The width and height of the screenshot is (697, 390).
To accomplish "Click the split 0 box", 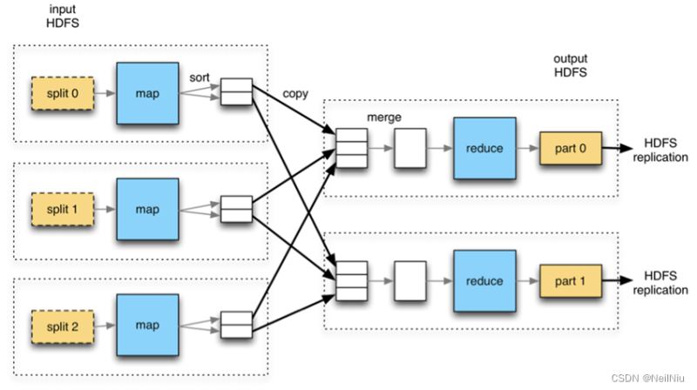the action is pyautogui.click(x=63, y=93).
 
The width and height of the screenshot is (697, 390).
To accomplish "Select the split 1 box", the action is pyautogui.click(x=63, y=209).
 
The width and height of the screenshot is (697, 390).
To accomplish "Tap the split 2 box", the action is pyautogui.click(x=63, y=327).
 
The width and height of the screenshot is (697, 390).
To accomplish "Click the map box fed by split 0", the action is pyautogui.click(x=147, y=93).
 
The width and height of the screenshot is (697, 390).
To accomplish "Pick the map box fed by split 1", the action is pyautogui.click(x=147, y=209).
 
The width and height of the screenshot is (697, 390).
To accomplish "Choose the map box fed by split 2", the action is pyautogui.click(x=147, y=325).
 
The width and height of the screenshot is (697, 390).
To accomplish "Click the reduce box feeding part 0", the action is pyautogui.click(x=484, y=148).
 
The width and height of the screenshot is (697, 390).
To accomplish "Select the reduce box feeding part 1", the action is pyautogui.click(x=484, y=281).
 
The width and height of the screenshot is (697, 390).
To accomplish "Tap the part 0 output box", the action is pyautogui.click(x=571, y=148).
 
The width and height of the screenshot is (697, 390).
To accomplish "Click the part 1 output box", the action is pyautogui.click(x=571, y=281).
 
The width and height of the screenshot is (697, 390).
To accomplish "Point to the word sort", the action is pyautogui.click(x=200, y=77).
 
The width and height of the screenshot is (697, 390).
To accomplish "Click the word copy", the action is pyautogui.click(x=295, y=94).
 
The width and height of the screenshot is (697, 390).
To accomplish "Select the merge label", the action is pyautogui.click(x=384, y=118).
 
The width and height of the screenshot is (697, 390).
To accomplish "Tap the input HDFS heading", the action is pyautogui.click(x=63, y=16).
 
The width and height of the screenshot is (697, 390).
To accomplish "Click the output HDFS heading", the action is pyautogui.click(x=571, y=66).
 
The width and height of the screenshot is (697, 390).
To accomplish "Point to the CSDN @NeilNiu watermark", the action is pyautogui.click(x=647, y=378).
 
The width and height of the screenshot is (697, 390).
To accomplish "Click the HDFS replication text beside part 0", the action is pyautogui.click(x=660, y=150).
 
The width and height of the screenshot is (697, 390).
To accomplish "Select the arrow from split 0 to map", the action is pyautogui.click(x=105, y=93).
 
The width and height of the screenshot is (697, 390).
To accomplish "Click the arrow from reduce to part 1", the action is pyautogui.click(x=528, y=281).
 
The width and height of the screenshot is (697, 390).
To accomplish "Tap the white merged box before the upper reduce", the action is pyautogui.click(x=410, y=148).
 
